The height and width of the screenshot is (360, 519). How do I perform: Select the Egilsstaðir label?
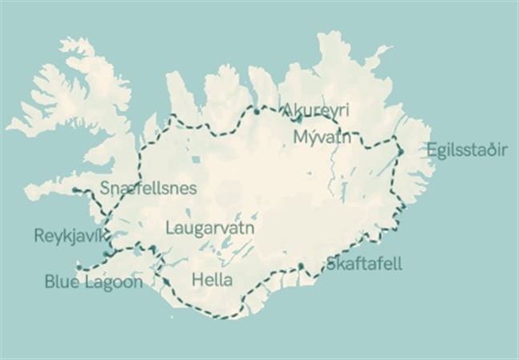pyautogui.click(x=467, y=150)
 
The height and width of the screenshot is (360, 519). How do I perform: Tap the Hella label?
pyautogui.click(x=213, y=281)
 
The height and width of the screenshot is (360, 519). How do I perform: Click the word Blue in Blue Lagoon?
pyautogui.click(x=63, y=281)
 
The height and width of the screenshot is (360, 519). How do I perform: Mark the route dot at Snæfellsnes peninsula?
pyautogui.click(x=75, y=190)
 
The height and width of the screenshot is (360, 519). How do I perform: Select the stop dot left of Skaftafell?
pyautogui.click(x=300, y=266)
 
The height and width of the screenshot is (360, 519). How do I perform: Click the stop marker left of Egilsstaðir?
pyautogui.click(x=399, y=149)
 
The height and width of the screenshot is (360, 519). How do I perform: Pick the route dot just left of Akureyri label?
pyautogui.click(x=256, y=111)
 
